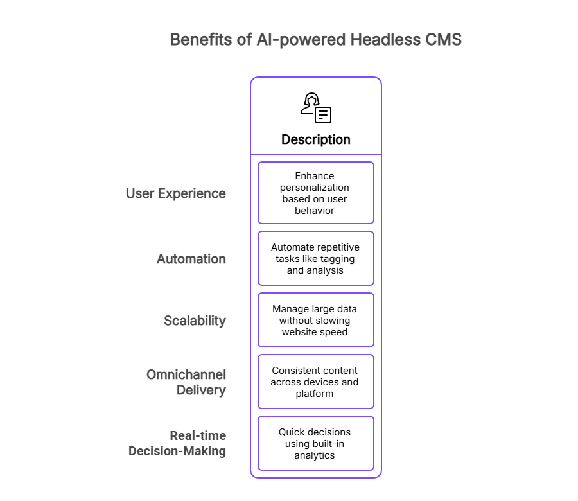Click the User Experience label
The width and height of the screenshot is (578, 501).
[x=176, y=193]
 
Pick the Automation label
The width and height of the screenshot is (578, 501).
[x=191, y=259]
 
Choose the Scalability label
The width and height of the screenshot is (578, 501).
[x=195, y=321]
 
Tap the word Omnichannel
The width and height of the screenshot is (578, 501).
[x=186, y=374]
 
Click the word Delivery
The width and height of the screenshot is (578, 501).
[x=201, y=390]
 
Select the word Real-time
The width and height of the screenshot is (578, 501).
[x=198, y=435]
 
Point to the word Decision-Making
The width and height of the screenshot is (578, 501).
[x=177, y=451]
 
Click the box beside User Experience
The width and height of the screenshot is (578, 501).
[x=316, y=193]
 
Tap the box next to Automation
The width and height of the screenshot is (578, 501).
[x=316, y=258]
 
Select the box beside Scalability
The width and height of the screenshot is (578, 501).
[x=316, y=320]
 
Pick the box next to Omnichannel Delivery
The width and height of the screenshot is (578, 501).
[x=316, y=382]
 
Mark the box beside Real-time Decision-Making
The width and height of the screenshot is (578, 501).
[x=316, y=443]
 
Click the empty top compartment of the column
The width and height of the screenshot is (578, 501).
[x=316, y=116]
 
